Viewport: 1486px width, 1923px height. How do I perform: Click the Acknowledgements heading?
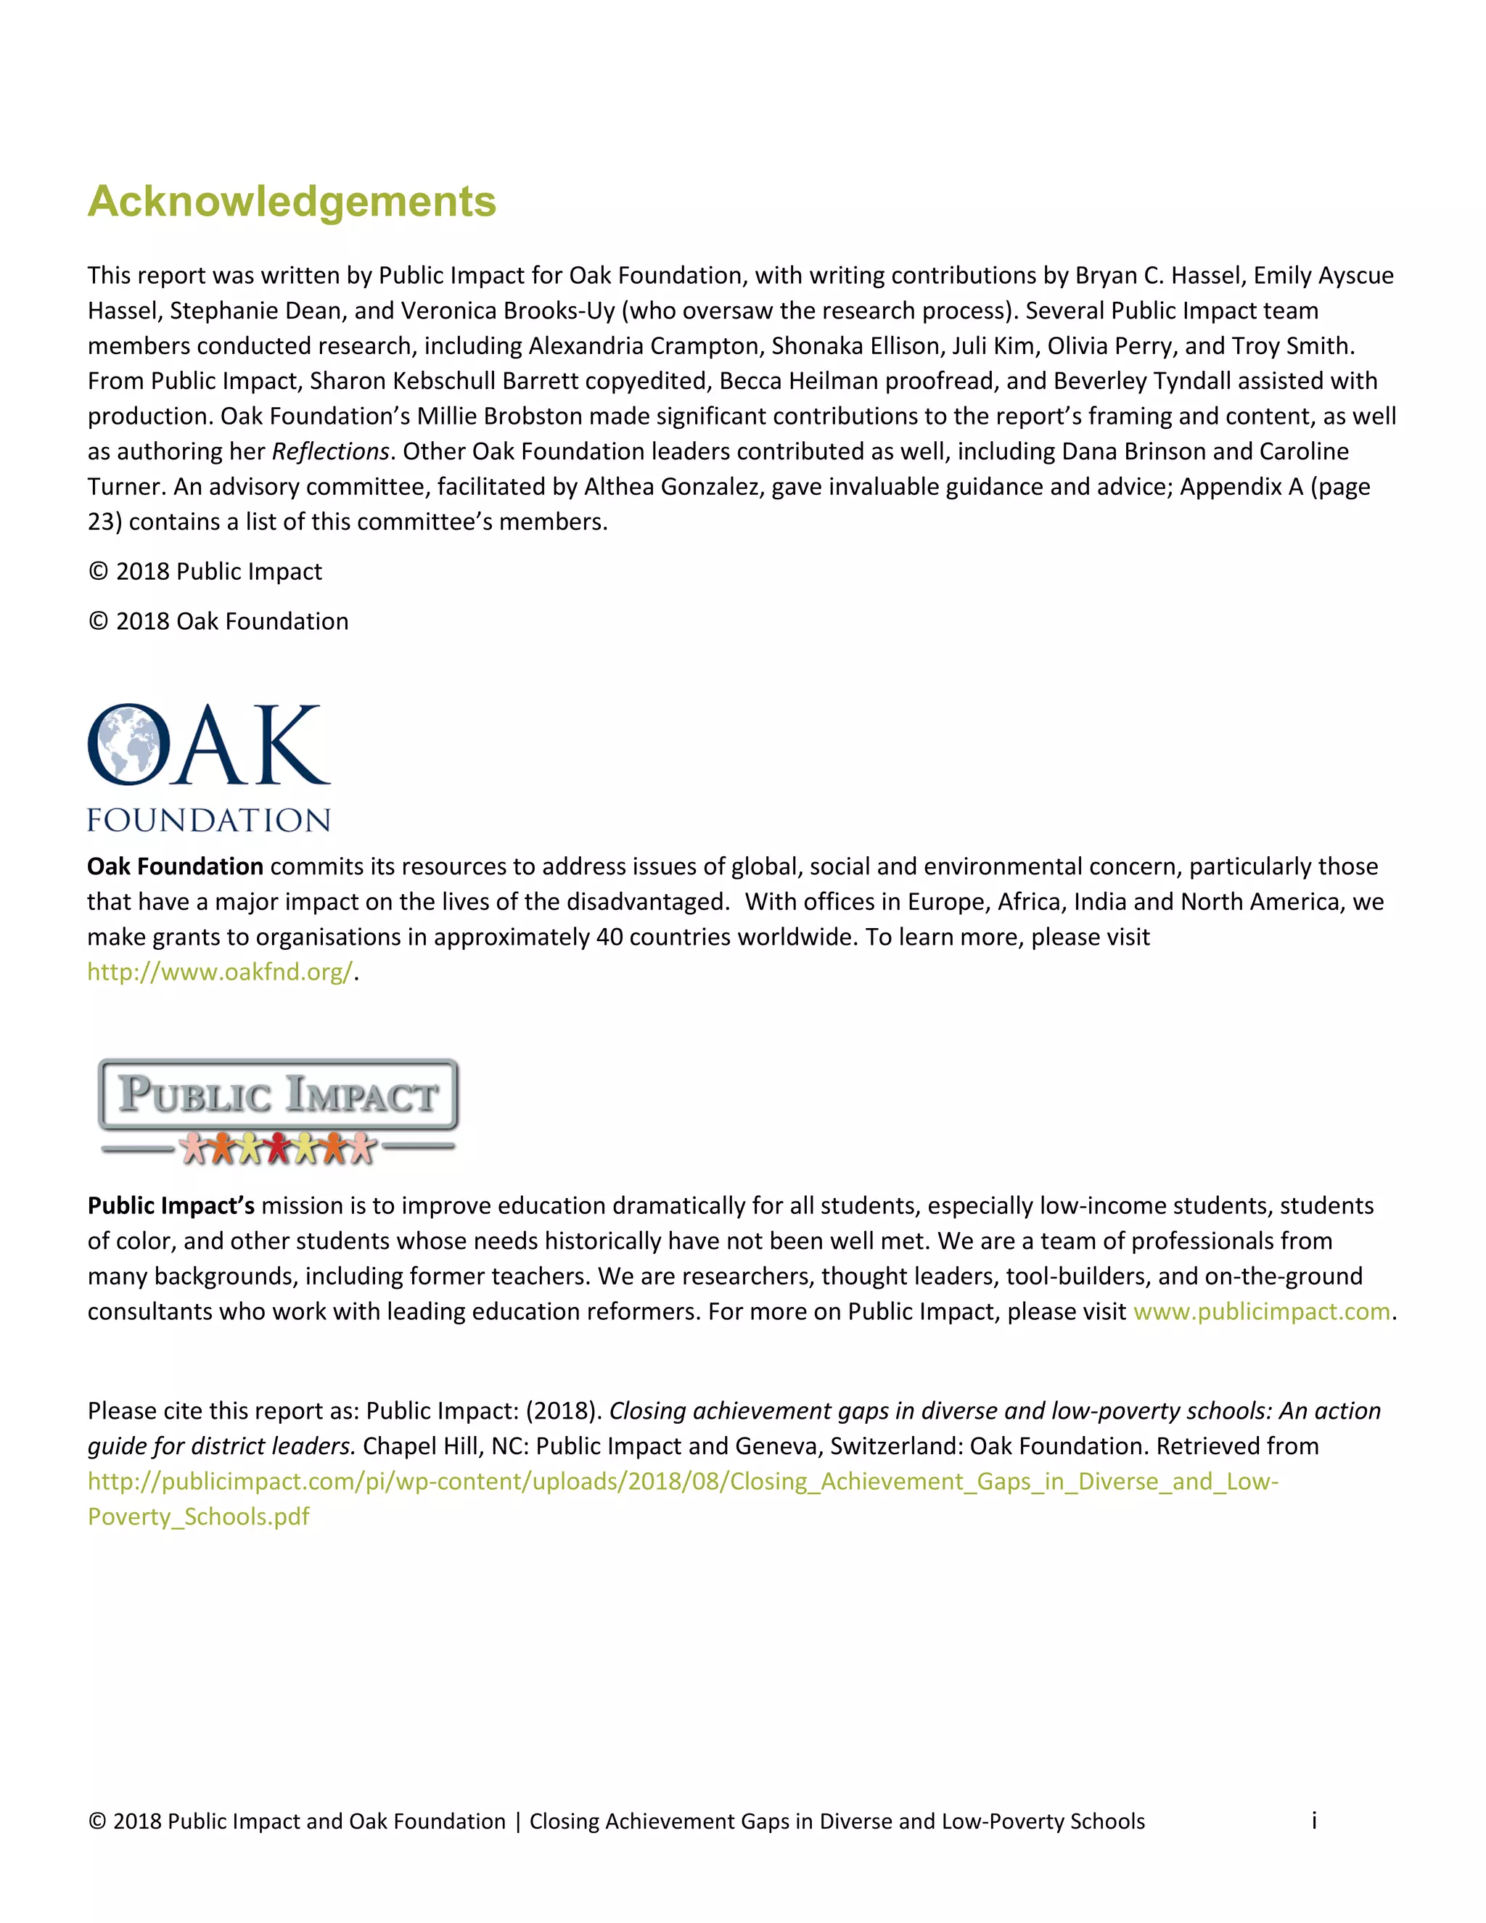coord(292,202)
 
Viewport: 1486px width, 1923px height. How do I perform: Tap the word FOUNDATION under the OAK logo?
coord(209,820)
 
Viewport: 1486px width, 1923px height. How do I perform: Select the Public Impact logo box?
coord(278,1094)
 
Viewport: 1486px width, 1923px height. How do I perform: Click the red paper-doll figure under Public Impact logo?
coord(278,1147)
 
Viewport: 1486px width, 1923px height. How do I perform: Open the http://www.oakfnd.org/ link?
coord(219,972)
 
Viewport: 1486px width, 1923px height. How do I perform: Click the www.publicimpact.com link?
coord(1260,1311)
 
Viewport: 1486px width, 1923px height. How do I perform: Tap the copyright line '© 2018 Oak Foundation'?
coord(218,622)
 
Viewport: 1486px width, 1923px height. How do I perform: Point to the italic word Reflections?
coord(330,451)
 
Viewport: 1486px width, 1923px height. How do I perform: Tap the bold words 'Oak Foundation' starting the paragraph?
coord(175,866)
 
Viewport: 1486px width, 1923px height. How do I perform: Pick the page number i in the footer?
coord(1313,1821)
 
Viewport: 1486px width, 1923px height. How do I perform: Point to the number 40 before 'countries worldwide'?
coord(609,937)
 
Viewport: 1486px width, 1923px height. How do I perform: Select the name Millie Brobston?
coord(499,417)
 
